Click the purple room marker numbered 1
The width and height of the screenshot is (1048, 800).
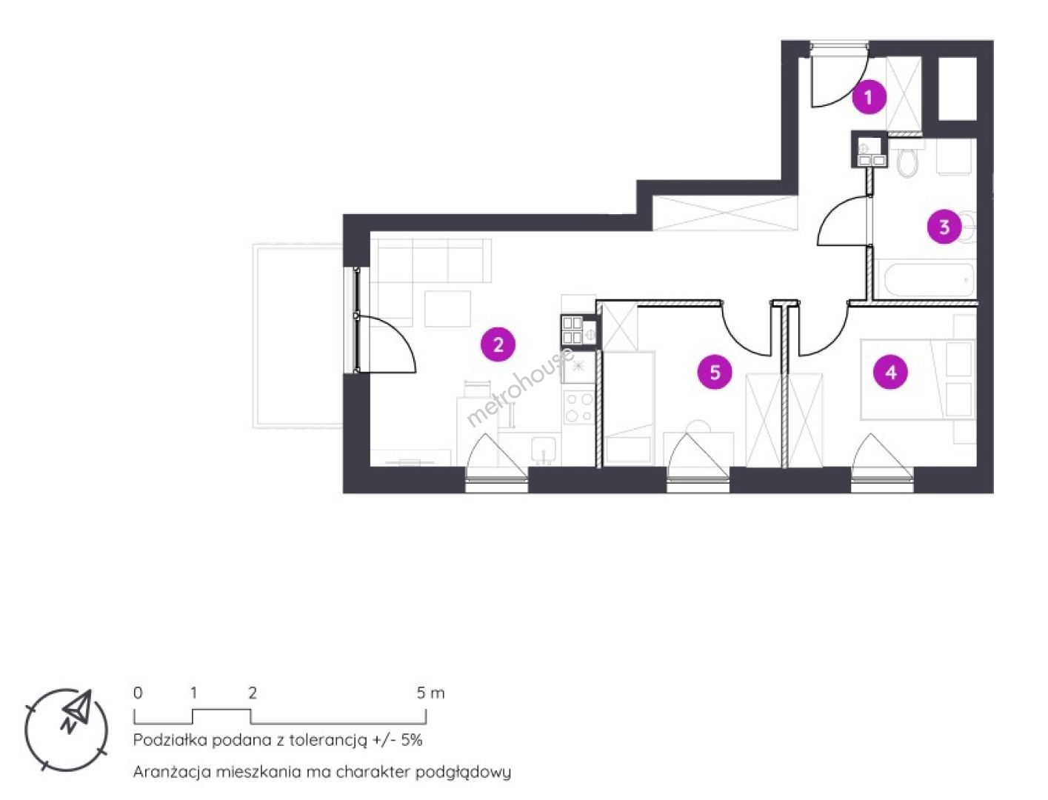869,97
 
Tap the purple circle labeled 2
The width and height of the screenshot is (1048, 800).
498,344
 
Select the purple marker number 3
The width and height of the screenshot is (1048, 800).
944,227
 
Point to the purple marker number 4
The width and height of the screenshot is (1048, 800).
890,372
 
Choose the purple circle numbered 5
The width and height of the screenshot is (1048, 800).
715,372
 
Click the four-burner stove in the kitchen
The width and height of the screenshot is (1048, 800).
578,407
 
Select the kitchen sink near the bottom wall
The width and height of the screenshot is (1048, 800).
543,449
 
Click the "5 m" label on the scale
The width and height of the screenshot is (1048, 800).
430,693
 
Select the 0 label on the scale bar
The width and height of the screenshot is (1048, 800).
138,693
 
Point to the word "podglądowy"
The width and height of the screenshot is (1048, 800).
463,773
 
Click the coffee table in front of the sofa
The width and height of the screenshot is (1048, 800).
447,309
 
